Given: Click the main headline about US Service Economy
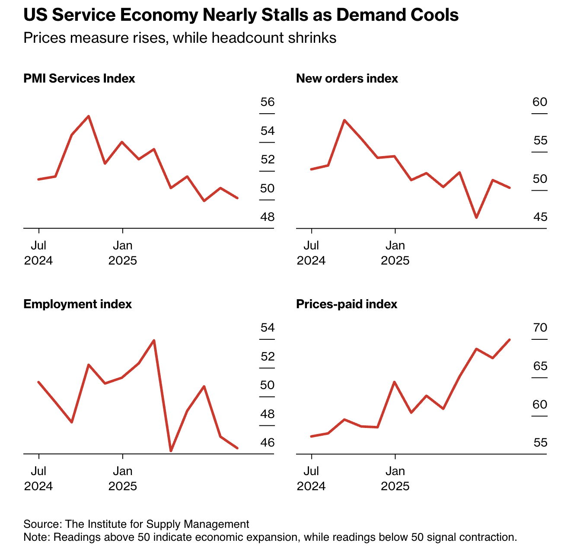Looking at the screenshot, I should [x=241, y=16].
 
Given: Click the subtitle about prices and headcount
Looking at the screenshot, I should [x=180, y=38].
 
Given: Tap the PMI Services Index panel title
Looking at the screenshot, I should [x=79, y=79].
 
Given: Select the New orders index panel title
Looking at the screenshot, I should [x=347, y=79].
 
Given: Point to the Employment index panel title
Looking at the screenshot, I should [x=77, y=304].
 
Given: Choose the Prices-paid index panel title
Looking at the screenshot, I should [x=347, y=304].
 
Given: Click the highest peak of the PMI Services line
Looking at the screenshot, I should [x=89, y=116].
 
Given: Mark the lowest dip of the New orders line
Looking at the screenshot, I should [x=476, y=217].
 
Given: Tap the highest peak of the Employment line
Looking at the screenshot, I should [x=154, y=340].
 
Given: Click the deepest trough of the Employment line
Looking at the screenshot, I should [x=171, y=451].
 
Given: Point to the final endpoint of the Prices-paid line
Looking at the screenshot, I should [x=510, y=340].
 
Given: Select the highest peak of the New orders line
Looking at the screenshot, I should [x=344, y=120].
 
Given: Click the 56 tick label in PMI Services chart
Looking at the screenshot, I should [x=268, y=102].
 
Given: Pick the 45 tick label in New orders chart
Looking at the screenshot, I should [x=540, y=217].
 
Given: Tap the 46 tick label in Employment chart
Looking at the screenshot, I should [x=268, y=443].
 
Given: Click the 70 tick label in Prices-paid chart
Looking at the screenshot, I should [x=540, y=328].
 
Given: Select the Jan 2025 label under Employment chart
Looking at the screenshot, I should [x=123, y=478].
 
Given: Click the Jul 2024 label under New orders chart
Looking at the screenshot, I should [x=311, y=253].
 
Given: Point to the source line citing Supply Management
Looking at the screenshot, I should [x=136, y=524].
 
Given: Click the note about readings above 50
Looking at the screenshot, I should [x=270, y=538].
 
